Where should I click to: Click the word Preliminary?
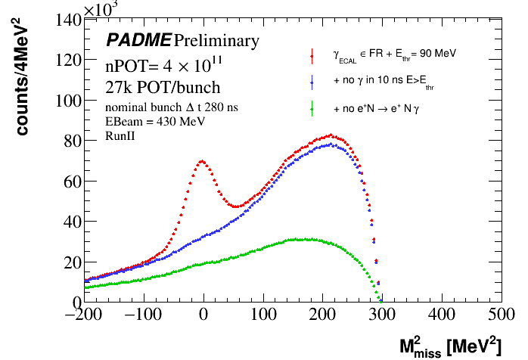pos(217,39)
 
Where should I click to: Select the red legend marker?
pos(312,54)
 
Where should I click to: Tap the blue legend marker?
pos(312,81)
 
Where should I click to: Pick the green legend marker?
pos(312,109)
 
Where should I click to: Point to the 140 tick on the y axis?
pos(66,20)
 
